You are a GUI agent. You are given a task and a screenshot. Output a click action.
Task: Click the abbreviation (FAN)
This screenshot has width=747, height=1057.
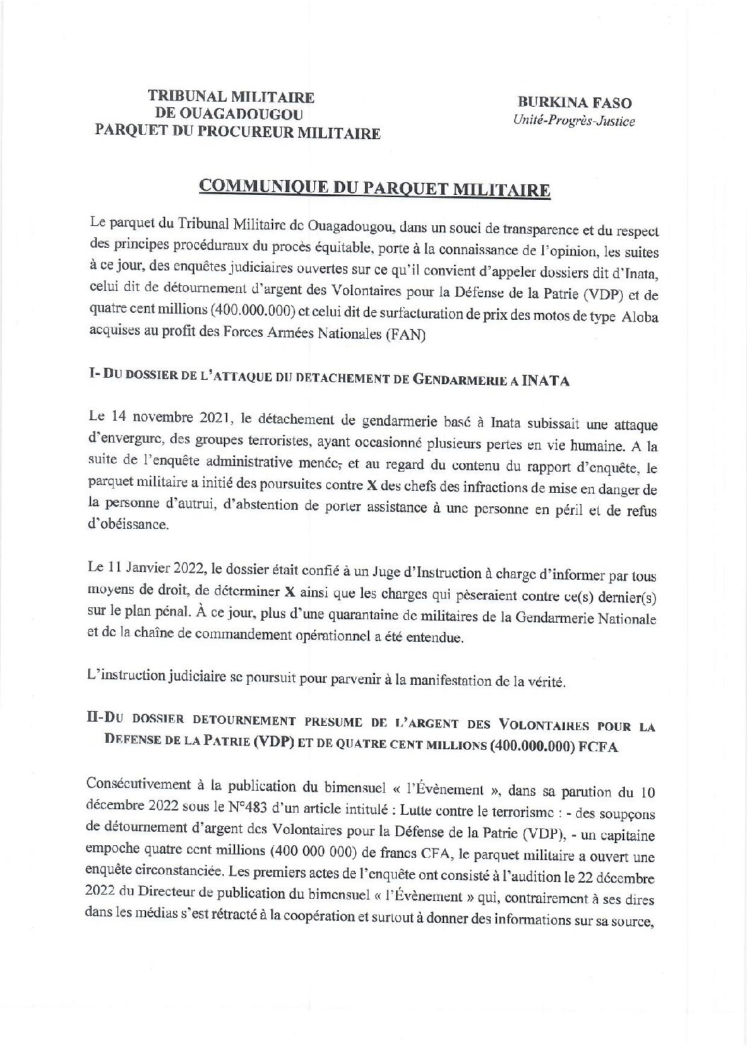[x=406, y=337]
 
